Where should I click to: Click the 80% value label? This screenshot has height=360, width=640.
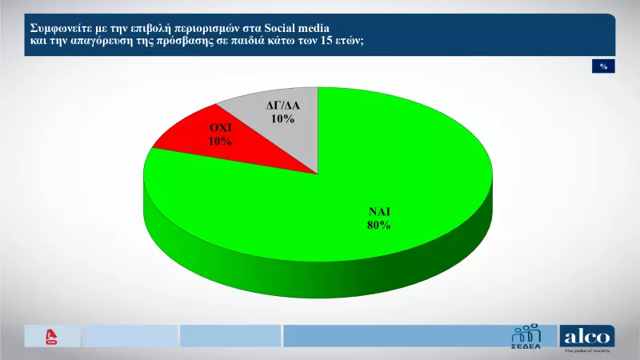[378, 226]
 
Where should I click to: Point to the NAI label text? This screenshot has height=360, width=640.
[378, 212]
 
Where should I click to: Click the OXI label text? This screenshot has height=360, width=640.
[221, 128]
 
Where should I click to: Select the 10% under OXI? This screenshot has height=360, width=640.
[221, 141]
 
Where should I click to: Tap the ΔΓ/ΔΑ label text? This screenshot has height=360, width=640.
[282, 106]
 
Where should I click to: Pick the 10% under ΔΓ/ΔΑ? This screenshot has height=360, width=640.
[282, 118]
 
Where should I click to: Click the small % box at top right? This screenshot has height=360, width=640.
[603, 66]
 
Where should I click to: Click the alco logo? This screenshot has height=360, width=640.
[587, 335]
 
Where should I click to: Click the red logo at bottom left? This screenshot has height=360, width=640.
[53, 336]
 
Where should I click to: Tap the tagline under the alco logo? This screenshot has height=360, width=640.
[587, 351]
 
